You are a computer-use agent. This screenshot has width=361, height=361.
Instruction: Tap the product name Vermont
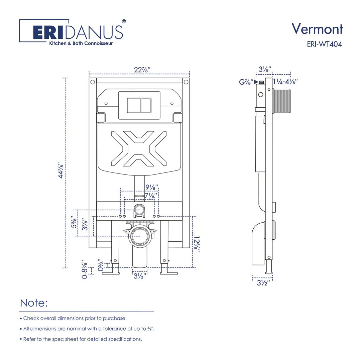tap(317, 29)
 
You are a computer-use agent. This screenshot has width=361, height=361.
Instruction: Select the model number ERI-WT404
tap(324, 44)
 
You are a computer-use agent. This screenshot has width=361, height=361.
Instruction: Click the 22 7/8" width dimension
tap(142, 70)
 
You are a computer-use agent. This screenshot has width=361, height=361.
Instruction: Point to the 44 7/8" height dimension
tap(61, 170)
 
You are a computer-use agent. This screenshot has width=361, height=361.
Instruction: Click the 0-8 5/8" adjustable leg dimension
tap(85, 269)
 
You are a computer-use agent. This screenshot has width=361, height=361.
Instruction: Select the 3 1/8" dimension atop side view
tap(265, 69)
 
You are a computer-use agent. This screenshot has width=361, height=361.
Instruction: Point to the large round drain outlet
tap(139, 236)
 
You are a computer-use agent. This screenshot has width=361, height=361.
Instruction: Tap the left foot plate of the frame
tap(111, 273)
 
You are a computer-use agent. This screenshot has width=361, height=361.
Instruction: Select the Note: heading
tap(34, 303)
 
